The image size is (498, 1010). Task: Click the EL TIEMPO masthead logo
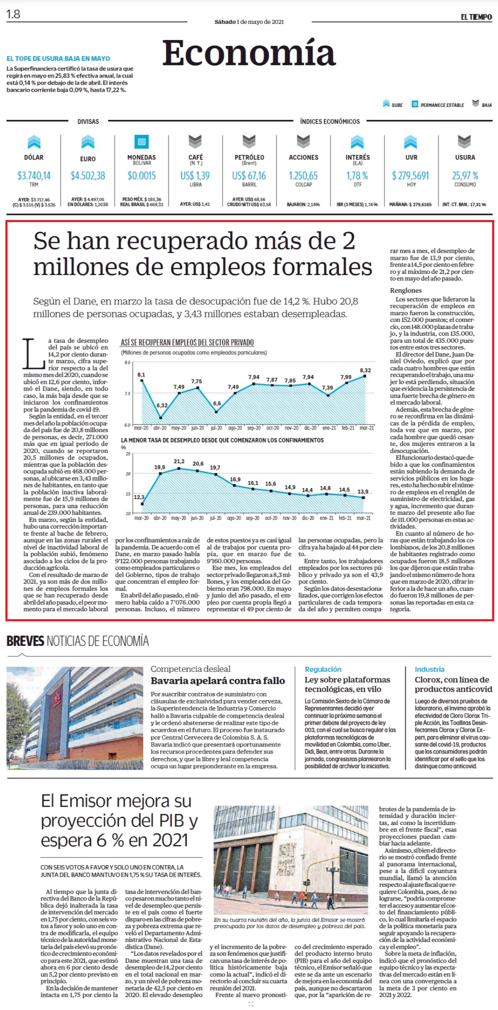(x=476, y=17)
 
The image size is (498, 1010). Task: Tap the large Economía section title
(x=249, y=53)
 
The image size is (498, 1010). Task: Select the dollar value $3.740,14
(x=34, y=175)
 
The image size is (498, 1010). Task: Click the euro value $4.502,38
(x=88, y=175)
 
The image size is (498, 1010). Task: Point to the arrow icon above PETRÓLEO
(x=249, y=142)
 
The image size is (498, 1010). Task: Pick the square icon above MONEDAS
(x=142, y=142)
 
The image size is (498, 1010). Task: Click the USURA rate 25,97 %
(x=465, y=175)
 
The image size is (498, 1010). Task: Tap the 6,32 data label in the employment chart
(x=162, y=405)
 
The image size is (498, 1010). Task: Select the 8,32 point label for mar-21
(x=365, y=370)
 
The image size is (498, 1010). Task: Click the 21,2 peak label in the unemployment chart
(x=179, y=461)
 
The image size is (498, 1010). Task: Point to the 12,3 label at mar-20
(x=139, y=497)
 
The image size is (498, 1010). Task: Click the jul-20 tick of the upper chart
(x=216, y=428)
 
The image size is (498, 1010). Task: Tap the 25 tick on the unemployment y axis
(x=128, y=454)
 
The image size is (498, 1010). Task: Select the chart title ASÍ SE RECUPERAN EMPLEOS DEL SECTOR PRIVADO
(x=187, y=342)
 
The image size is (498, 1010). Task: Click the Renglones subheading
(x=406, y=290)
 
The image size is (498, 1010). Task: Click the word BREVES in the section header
(x=25, y=641)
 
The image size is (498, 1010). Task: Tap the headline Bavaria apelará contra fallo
(x=218, y=681)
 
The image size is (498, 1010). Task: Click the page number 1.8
(x=13, y=14)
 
